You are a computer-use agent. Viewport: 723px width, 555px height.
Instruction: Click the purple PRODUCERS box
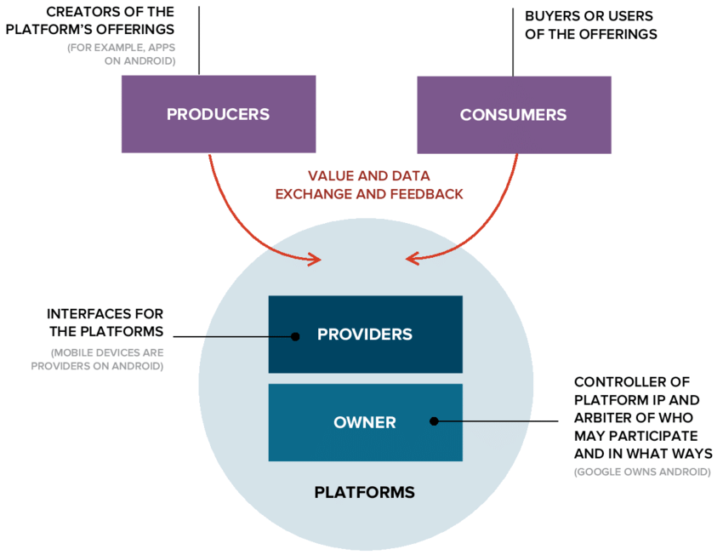(219, 114)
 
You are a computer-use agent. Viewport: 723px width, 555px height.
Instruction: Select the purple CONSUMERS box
(514, 115)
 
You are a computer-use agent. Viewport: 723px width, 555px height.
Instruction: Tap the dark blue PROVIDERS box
(366, 335)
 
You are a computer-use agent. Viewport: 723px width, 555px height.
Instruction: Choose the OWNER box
(366, 422)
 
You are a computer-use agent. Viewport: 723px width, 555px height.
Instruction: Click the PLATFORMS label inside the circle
(365, 492)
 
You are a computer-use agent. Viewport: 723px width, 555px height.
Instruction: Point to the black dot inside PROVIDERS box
(295, 337)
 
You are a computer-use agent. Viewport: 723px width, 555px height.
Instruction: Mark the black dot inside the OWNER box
(434, 421)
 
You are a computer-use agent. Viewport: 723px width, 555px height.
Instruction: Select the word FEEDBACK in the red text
(426, 194)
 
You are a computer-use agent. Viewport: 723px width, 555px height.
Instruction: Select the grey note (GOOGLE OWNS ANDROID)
(642, 472)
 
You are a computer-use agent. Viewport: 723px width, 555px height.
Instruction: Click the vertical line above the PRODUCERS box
(199, 41)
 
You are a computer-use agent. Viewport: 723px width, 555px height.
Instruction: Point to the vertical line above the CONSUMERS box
(513, 43)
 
